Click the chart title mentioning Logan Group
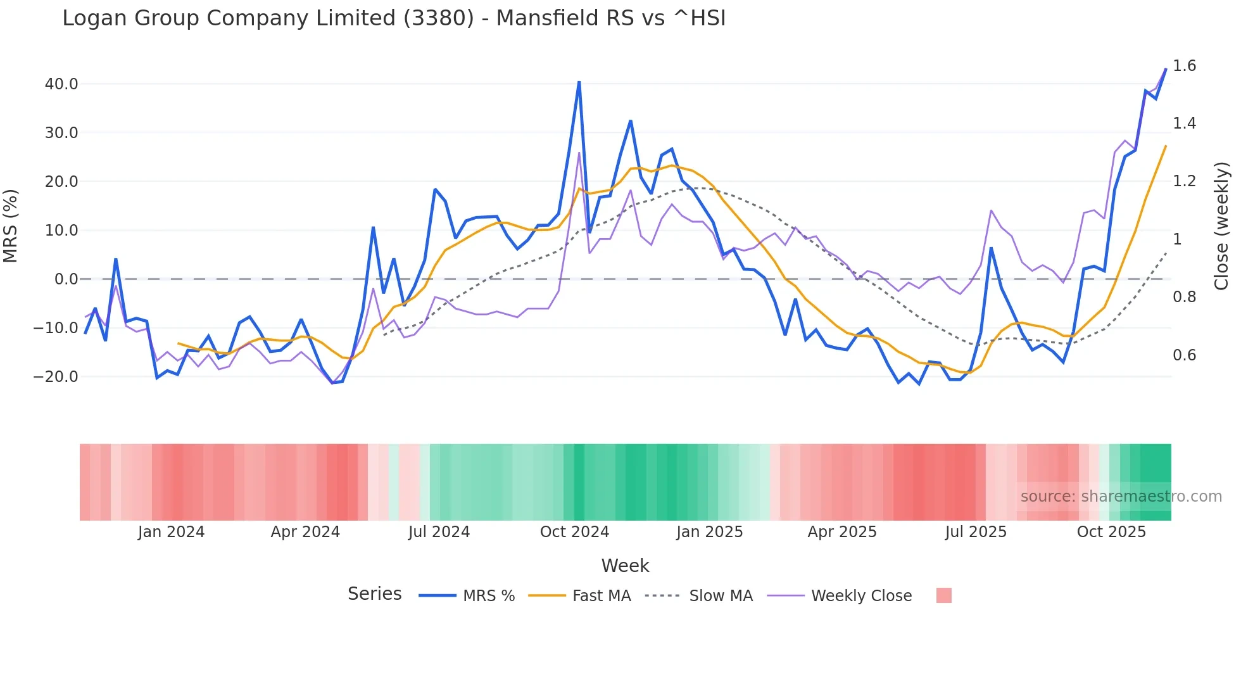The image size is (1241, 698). [x=394, y=18]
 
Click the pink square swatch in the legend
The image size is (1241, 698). [x=943, y=595]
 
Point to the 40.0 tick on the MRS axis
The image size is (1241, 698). [x=61, y=84]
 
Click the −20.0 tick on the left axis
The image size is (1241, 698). [x=56, y=377]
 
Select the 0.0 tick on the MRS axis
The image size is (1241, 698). [x=66, y=279]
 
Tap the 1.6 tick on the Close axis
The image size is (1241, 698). [x=1184, y=66]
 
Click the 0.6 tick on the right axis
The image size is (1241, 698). [x=1184, y=355]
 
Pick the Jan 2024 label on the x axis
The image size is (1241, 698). [x=171, y=532]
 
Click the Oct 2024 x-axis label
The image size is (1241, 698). [x=574, y=532]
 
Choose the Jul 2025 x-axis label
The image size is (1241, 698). [x=976, y=532]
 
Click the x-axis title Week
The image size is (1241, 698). [x=625, y=566]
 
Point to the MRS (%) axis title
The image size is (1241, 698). [x=11, y=226]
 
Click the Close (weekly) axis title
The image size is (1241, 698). [x=1221, y=226]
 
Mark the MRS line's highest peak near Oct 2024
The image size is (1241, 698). [x=579, y=82]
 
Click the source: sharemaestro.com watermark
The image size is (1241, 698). [x=1121, y=497]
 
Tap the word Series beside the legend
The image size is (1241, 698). [x=374, y=594]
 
